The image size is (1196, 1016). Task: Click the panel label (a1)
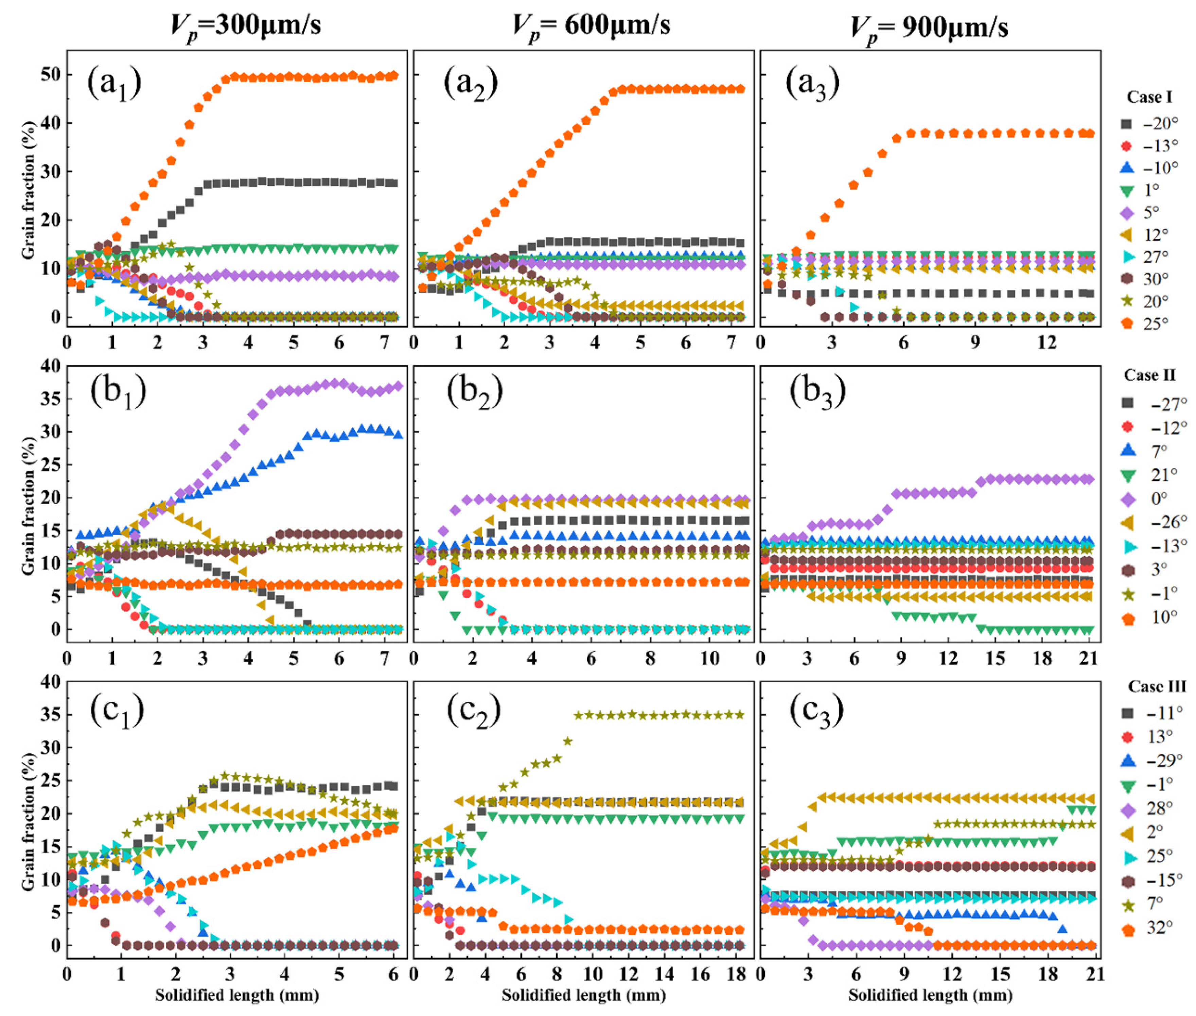click(x=114, y=84)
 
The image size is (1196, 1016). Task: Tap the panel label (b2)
click(x=474, y=392)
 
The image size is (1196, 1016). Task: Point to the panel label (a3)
click(x=813, y=84)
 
